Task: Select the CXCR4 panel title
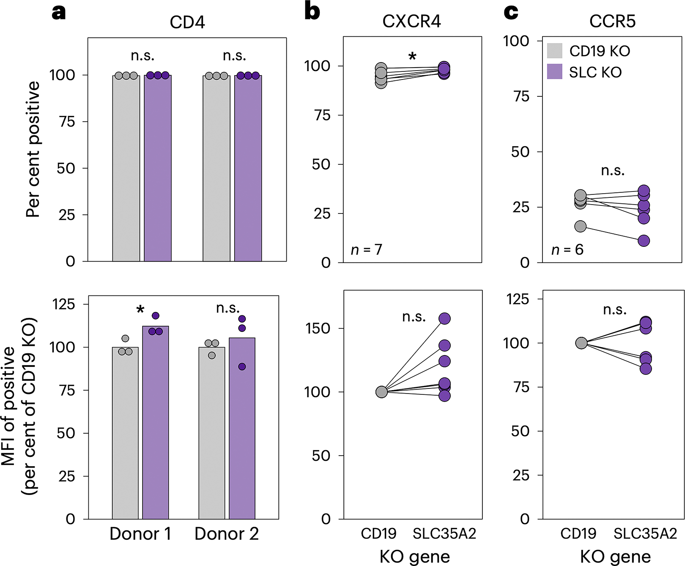[411, 22]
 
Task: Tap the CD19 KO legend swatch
[554, 51]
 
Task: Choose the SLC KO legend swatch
[554, 72]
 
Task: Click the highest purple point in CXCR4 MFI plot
[444, 318]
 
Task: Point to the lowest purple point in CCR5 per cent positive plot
[644, 241]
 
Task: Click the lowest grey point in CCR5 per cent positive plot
[581, 227]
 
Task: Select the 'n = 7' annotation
[366, 250]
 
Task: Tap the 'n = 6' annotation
[567, 250]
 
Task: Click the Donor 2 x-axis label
[227, 534]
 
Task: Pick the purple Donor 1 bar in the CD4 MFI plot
[156, 423]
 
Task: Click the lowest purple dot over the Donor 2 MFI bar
[242, 366]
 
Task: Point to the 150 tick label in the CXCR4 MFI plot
[318, 328]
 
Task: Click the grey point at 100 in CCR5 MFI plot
[581, 343]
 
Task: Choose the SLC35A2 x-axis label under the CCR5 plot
[645, 534]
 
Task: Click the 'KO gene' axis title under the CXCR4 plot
[415, 557]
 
